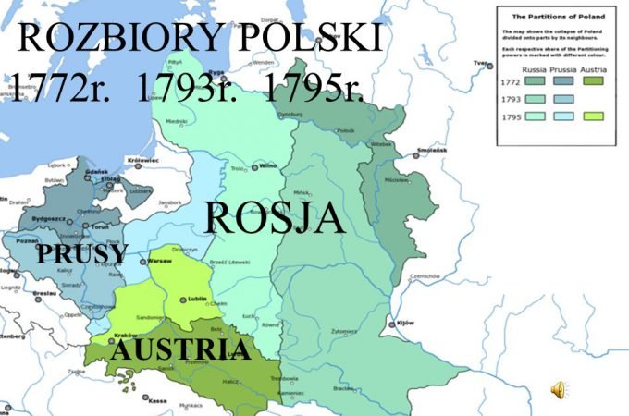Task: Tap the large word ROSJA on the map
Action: click(x=274, y=219)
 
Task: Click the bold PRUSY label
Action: click(x=82, y=254)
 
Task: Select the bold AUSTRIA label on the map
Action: click(x=180, y=349)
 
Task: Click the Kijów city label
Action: click(x=405, y=323)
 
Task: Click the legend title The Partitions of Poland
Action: click(x=553, y=17)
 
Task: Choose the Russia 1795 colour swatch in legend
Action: click(x=534, y=117)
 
